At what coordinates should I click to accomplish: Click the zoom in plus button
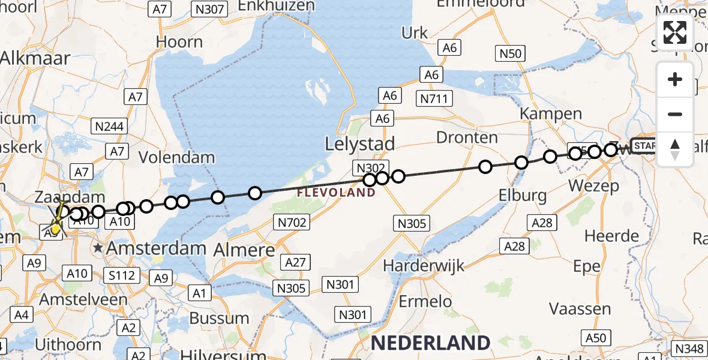coord(675,80)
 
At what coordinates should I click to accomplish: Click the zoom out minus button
coord(675,114)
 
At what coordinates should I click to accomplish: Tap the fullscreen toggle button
coord(675,32)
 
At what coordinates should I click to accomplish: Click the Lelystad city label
coord(359,144)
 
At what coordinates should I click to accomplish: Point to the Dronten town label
coord(467,137)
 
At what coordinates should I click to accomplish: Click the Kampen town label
coord(551,113)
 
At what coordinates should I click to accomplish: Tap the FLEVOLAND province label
coord(335,193)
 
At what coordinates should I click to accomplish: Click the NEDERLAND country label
coord(430,343)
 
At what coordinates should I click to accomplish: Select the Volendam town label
coord(176,158)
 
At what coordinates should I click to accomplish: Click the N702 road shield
coord(293,223)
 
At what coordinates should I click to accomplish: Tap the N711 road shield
coord(435,98)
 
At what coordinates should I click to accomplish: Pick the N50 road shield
coord(510,53)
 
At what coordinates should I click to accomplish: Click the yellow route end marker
coord(55,227)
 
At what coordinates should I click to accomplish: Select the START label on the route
coord(645,146)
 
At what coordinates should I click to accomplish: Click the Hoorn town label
coord(179,42)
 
